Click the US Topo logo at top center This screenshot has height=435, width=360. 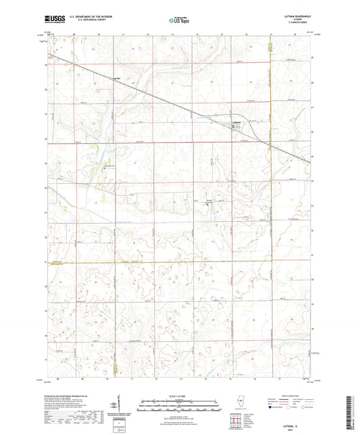tap(179, 21)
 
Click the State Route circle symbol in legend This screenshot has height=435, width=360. tap(303, 407)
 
